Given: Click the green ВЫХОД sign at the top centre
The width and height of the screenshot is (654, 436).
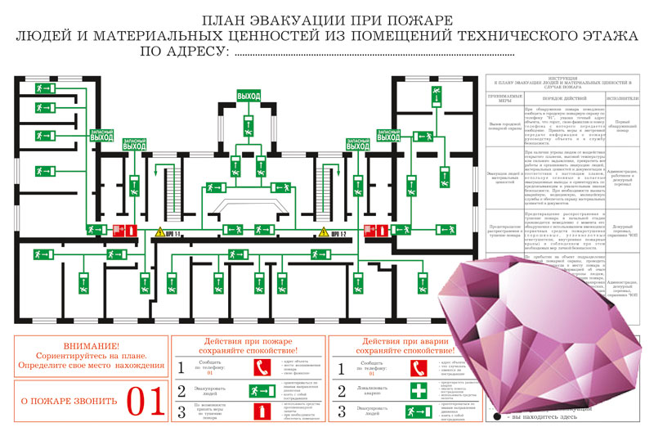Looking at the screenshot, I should click(x=249, y=97).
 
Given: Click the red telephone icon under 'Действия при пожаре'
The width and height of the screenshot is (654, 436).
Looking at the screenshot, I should click(x=262, y=366).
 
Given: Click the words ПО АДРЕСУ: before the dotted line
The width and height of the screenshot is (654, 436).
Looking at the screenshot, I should click(x=184, y=52).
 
